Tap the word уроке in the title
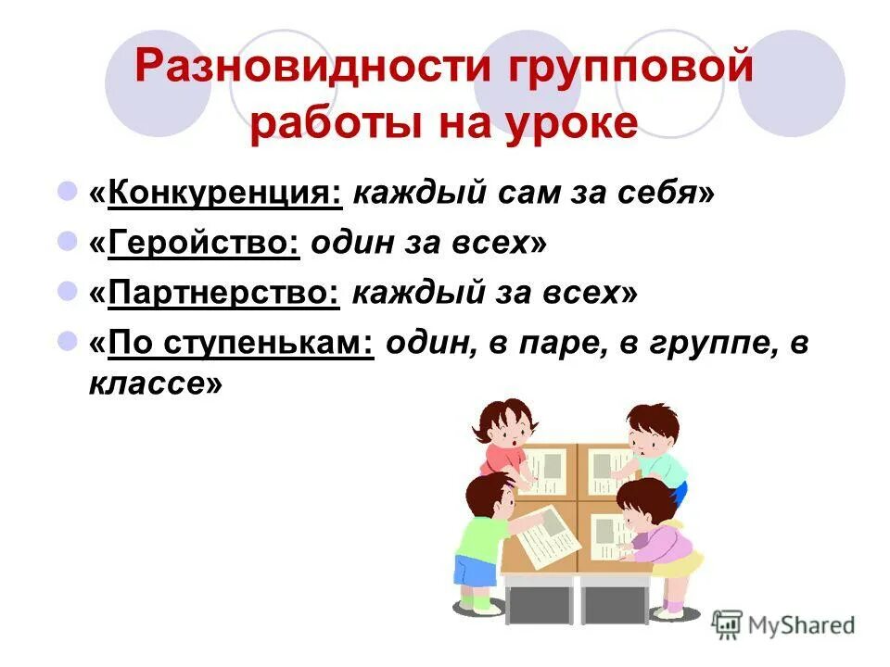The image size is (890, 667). tap(579, 124)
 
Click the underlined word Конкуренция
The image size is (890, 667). tap(224, 193)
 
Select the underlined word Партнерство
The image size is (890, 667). tap(223, 294)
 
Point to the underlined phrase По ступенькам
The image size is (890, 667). tap(240, 345)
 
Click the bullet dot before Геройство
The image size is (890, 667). tap(67, 242)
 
